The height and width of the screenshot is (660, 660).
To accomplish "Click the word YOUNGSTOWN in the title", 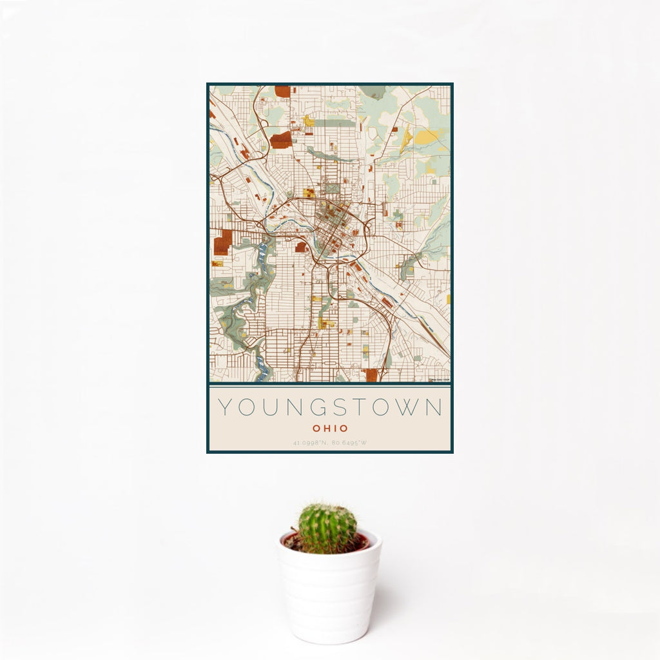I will point(330,407).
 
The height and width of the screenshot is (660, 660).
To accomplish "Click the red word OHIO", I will point(330,429).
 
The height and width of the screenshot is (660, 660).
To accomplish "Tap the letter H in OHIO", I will point(325,429).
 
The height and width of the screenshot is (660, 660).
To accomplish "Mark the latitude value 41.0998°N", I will point(310,443).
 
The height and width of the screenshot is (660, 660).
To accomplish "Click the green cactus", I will point(327,529).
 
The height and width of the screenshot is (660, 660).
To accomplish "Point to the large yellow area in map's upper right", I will point(429,136).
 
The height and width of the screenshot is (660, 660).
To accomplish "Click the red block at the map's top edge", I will point(282,92).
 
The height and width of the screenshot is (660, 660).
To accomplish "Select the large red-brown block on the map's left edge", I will point(222,242).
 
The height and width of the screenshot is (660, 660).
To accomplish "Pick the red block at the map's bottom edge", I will point(371,375).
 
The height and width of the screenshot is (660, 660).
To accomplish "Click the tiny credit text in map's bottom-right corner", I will point(440,380).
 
